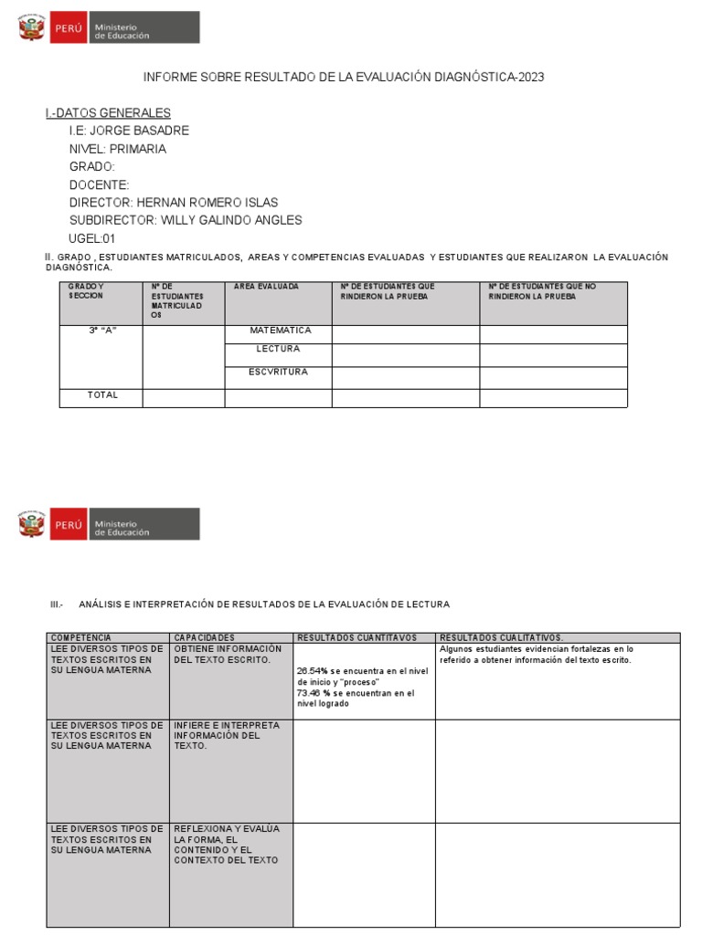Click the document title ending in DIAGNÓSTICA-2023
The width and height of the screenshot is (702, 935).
(344, 78)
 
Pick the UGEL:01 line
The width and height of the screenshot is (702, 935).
(93, 238)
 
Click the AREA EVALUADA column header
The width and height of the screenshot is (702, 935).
(266, 287)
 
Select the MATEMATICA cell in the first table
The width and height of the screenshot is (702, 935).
(280, 331)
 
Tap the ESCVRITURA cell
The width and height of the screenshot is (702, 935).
(278, 372)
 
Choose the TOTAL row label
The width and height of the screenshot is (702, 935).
(102, 395)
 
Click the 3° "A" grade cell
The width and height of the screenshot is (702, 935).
(102, 331)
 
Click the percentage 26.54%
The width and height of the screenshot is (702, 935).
(314, 671)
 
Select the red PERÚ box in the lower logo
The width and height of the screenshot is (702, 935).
(69, 525)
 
